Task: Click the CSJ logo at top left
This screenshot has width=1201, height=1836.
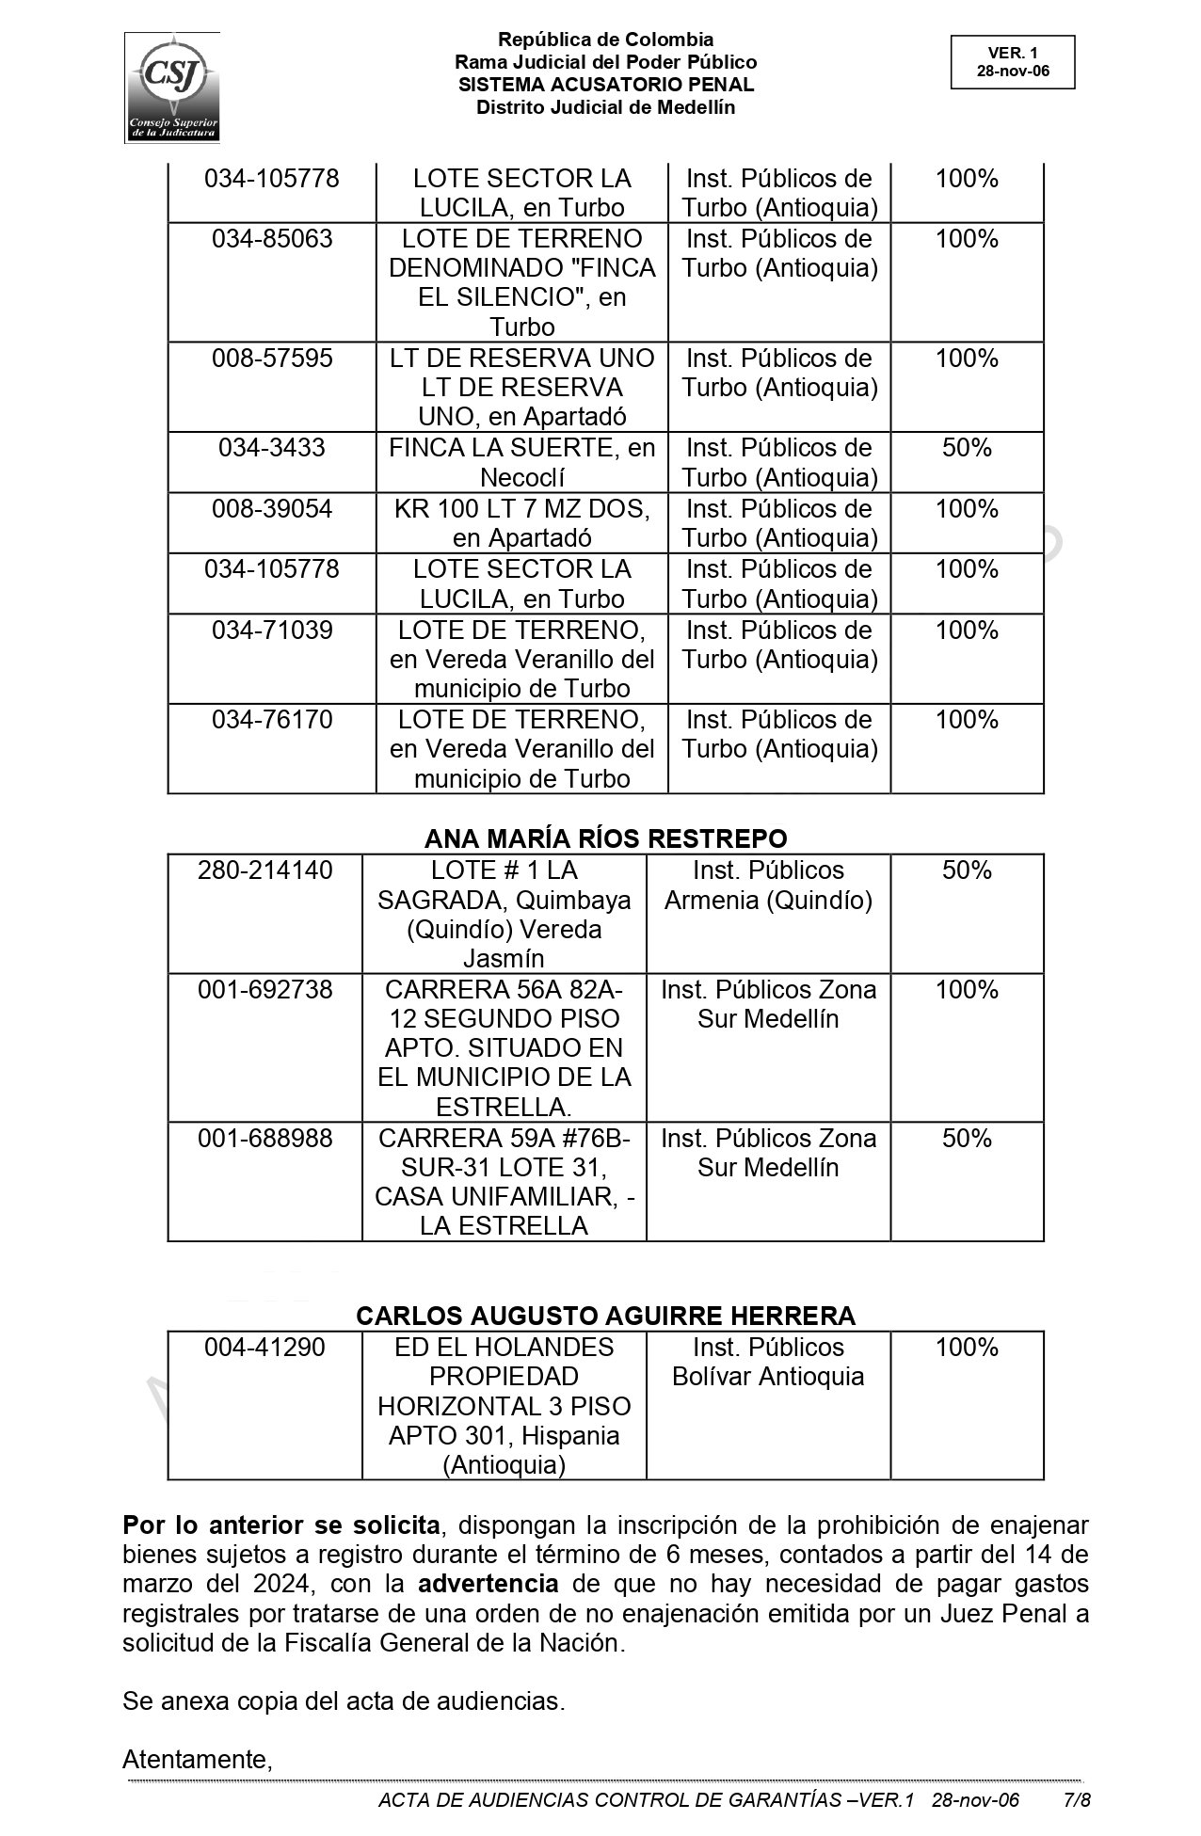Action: point(172,87)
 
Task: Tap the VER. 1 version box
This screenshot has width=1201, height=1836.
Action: point(1012,62)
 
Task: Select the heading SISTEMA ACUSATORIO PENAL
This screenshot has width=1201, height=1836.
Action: point(605,85)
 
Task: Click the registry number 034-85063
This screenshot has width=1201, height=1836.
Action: point(272,239)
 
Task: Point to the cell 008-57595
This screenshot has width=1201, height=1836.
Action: point(272,359)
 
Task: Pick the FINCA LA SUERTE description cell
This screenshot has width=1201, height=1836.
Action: point(521,462)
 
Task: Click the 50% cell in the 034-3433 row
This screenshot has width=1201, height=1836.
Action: point(967,448)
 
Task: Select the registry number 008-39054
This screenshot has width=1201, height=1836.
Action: point(272,509)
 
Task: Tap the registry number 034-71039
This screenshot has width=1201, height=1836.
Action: point(272,631)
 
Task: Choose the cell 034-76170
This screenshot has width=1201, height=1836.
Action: point(272,720)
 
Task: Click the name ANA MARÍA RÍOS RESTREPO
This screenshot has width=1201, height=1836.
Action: point(605,838)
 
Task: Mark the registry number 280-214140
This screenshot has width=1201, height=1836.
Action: point(264,870)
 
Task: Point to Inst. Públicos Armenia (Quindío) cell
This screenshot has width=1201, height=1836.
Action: point(768,886)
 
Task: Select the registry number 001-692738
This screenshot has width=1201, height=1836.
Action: point(264,990)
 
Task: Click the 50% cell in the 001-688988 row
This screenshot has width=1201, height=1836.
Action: point(967,1139)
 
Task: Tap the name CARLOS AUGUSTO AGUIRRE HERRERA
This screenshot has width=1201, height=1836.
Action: point(605,1316)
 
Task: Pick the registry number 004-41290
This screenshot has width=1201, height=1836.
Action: point(264,1348)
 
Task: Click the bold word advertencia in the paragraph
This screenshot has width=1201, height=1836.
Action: point(488,1584)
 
